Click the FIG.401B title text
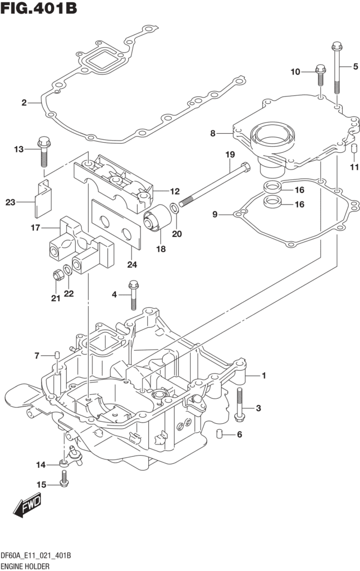39,8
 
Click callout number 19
230,155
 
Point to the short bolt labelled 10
320,75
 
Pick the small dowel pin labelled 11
353,148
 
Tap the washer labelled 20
175,209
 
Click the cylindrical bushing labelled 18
157,218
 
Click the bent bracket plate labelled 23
43,198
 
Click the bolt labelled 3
239,405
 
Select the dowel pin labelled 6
219,434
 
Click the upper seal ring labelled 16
273,187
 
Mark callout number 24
132,265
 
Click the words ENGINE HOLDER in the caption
25,567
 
